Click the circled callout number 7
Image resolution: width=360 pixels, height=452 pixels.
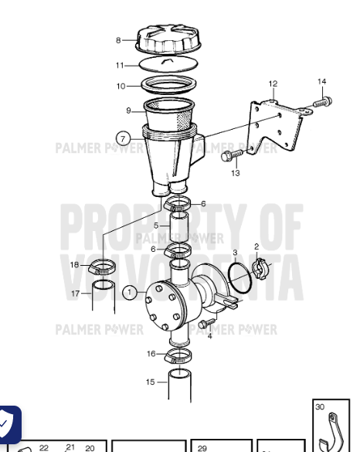pyautogui.click(x=123, y=139)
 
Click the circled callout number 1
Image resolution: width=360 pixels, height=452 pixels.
pyautogui.click(x=131, y=292)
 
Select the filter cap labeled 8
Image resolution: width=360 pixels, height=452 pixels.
pyautogui.click(x=169, y=39)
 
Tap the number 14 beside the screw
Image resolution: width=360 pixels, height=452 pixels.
pyautogui.click(x=321, y=82)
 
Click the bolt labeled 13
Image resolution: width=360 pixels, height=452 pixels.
pyautogui.click(x=229, y=157)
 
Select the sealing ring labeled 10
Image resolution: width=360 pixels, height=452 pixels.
pyautogui.click(x=168, y=85)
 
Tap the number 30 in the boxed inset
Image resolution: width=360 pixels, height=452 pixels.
pyautogui.click(x=320, y=406)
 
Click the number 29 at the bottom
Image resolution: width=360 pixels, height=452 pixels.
pyautogui.click(x=202, y=447)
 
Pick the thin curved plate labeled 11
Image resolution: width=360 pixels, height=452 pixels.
pyautogui.click(x=169, y=66)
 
